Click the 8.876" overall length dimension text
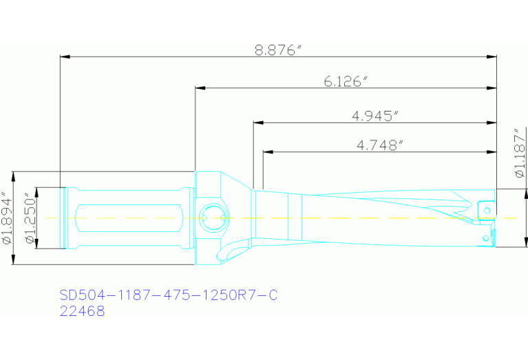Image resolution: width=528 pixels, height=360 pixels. point(278,50)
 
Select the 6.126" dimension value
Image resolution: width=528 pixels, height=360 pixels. point(346,81)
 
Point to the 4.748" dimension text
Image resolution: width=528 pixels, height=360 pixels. point(379,145)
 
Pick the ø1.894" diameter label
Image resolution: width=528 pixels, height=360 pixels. point(7,218)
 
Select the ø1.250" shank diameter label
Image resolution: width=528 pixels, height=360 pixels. point(30,218)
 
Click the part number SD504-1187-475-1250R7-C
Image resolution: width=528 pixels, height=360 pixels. point(169,295)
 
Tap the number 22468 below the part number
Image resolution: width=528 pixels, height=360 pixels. point(83,311)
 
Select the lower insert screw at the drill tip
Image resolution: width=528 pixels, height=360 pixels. point(487,237)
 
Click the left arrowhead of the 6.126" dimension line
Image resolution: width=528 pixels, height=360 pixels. point(199,88)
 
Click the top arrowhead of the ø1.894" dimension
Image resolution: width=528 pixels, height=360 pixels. point(15,174)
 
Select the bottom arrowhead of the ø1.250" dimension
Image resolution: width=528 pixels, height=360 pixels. point(38,246)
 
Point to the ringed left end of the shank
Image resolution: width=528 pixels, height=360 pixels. point(65,218)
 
